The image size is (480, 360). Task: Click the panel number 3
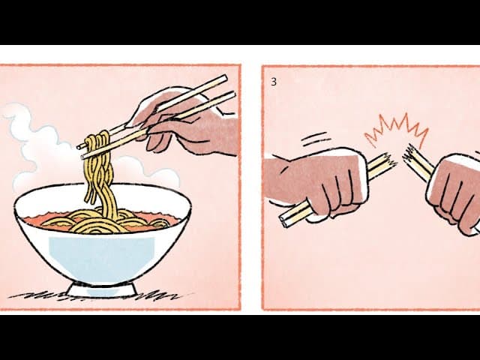pyautogui.click(x=273, y=82)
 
